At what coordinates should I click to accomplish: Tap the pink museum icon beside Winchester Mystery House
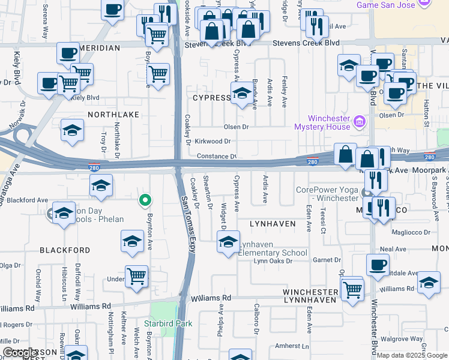[360, 123]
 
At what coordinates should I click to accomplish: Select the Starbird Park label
[172, 324]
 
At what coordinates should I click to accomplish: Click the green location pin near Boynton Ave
[145, 200]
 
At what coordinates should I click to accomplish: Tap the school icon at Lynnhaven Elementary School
[228, 243]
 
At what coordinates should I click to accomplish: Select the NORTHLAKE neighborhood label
[113, 114]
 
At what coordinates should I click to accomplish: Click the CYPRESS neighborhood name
[211, 97]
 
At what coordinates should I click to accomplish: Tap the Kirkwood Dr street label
[213, 142]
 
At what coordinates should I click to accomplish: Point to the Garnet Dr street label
[330, 260]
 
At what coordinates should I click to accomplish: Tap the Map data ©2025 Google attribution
[412, 355]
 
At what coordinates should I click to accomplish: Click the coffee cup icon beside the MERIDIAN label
[68, 53]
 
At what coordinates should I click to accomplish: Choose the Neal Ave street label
[393, 249]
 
